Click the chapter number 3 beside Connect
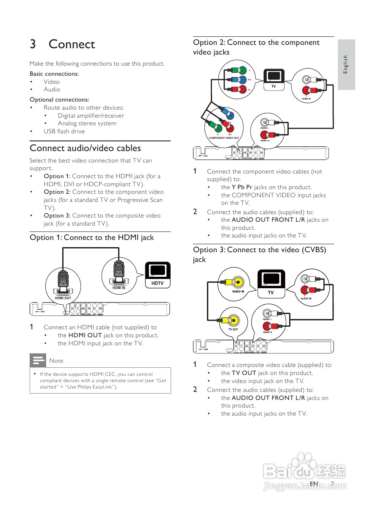click(x=33, y=44)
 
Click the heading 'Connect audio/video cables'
click(x=85, y=148)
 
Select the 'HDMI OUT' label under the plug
click(x=63, y=298)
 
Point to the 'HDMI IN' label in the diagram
click(x=119, y=288)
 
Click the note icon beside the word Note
click(x=37, y=361)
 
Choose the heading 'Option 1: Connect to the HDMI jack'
click(x=92, y=237)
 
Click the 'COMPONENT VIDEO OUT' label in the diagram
click(x=224, y=138)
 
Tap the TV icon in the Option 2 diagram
click(x=273, y=79)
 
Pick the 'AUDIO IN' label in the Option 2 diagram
click(x=306, y=99)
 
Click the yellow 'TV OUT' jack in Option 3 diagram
click(x=233, y=319)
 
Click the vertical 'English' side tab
click(x=346, y=64)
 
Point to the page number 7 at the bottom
click(x=332, y=483)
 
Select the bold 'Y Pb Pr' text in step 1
click(x=242, y=187)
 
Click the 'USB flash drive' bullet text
click(x=64, y=131)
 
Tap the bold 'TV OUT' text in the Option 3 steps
click(x=244, y=373)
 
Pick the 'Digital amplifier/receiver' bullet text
click(x=91, y=116)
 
